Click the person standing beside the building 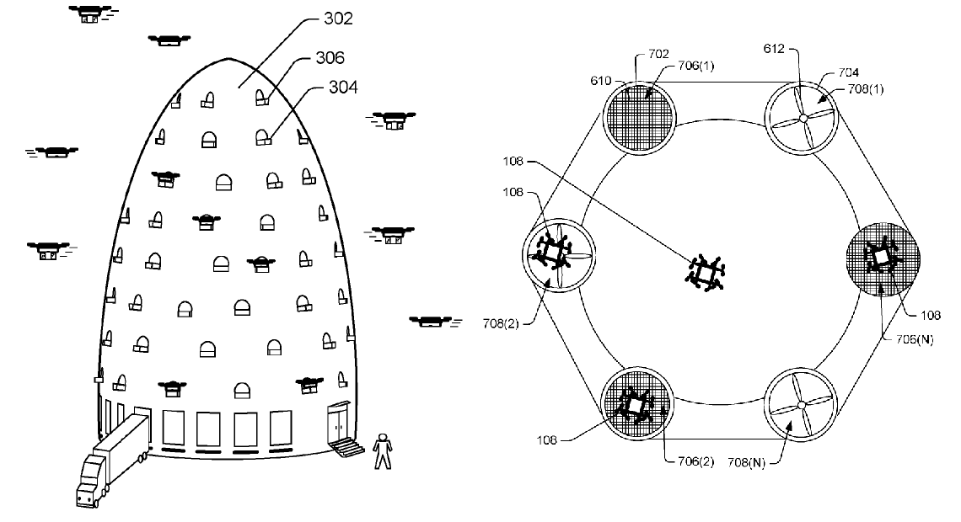(383, 450)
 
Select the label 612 (776, 50)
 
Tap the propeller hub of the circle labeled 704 (803, 120)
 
